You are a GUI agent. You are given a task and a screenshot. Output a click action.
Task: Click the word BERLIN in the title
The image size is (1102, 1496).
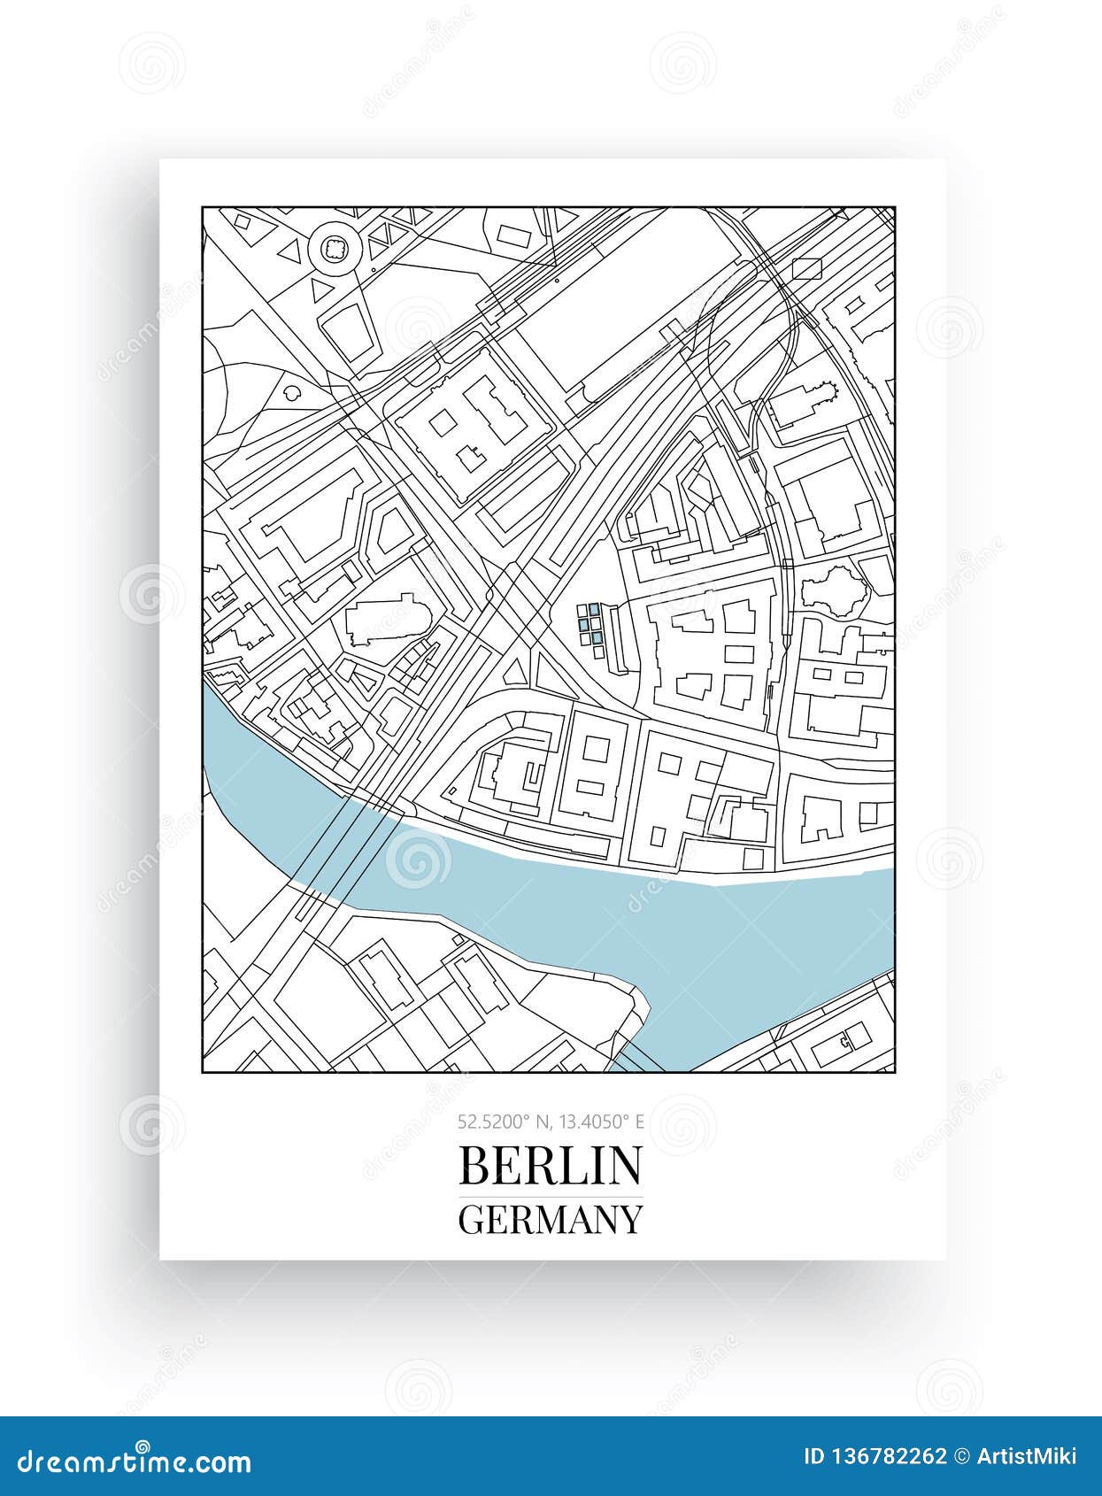550,1166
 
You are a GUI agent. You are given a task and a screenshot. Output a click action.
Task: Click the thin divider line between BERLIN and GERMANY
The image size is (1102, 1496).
550,1196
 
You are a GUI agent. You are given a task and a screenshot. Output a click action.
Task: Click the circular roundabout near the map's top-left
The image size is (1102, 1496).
334,249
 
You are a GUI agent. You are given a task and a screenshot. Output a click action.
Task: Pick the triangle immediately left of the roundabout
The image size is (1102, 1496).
289,251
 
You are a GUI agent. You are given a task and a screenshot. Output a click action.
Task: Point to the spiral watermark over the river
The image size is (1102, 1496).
418,860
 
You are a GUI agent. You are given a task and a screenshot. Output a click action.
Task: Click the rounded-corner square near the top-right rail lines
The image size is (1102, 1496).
807,269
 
